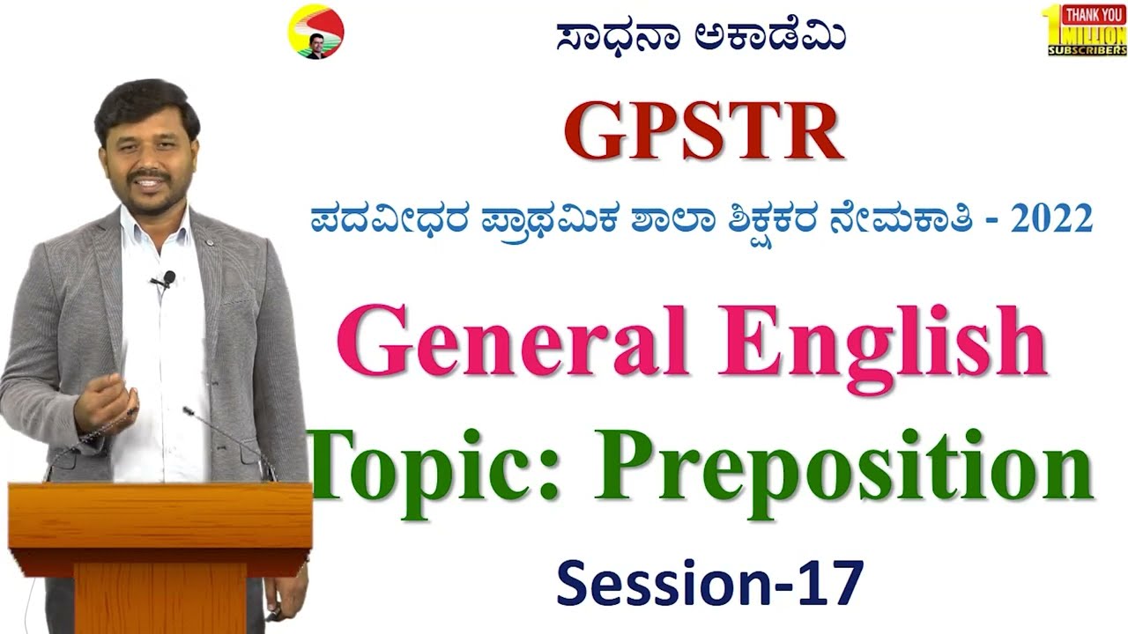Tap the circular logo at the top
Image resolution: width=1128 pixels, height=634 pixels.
pyautogui.click(x=315, y=33)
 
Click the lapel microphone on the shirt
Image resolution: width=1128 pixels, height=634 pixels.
pyautogui.click(x=166, y=279)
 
